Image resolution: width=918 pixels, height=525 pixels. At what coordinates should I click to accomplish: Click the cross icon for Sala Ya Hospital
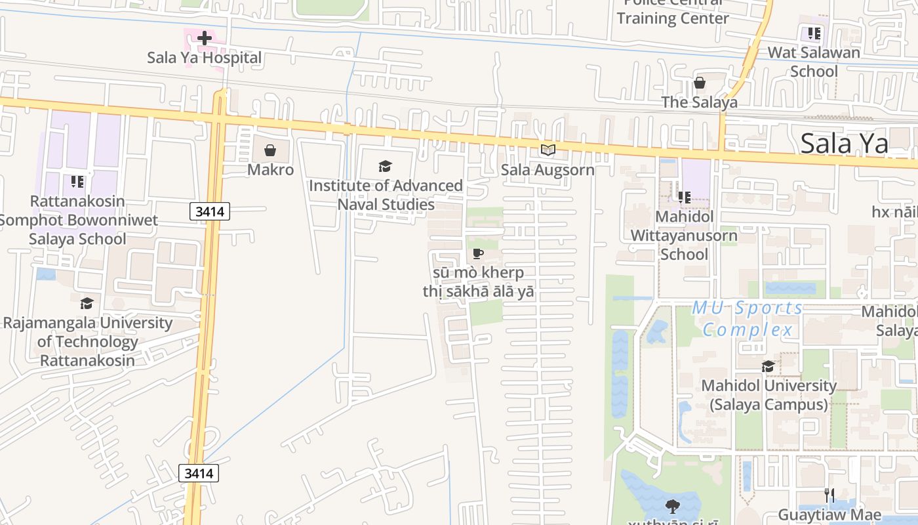tap(205, 38)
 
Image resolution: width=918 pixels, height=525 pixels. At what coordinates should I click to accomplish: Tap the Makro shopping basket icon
tap(269, 151)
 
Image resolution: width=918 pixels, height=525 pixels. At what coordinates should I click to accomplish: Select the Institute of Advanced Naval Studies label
tap(386, 195)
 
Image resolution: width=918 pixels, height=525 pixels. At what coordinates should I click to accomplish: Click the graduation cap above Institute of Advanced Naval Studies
tap(386, 167)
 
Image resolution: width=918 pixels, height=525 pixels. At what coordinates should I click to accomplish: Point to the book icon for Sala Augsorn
tap(548, 150)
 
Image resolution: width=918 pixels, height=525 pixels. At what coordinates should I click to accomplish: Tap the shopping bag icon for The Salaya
tap(700, 83)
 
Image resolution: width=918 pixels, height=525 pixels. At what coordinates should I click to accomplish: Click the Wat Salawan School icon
tap(814, 33)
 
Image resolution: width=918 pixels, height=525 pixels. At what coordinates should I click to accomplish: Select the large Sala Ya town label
tap(845, 143)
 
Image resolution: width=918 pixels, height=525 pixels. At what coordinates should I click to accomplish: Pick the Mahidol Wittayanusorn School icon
tap(684, 197)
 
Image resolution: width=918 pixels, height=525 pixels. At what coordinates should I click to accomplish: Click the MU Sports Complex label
tap(748, 318)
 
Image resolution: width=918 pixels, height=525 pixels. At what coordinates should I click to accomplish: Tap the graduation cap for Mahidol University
tap(768, 366)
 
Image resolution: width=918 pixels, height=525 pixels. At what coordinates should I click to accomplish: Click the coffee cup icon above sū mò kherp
tap(478, 253)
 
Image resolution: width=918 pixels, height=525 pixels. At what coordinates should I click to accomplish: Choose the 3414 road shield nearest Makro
tap(210, 211)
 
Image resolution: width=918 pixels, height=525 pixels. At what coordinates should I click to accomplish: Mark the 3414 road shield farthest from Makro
tap(199, 473)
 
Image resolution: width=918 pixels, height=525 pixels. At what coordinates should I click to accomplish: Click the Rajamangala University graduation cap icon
tap(87, 303)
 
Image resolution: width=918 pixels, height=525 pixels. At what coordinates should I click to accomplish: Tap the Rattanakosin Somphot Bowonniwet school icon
tap(77, 181)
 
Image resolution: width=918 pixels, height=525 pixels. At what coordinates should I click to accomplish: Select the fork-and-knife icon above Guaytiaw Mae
tap(829, 495)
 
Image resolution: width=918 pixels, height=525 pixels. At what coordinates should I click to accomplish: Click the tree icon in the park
tap(672, 506)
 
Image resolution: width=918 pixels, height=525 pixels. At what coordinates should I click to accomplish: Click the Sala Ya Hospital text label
tap(204, 58)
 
